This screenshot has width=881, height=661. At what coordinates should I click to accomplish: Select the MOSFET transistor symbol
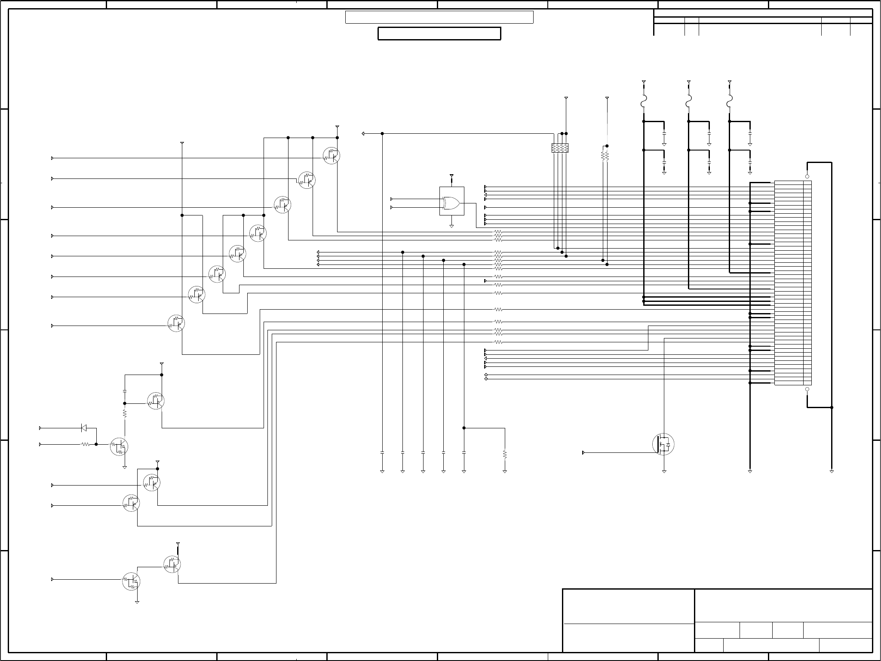pos(663,444)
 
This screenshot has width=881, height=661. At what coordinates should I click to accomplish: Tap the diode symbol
pos(84,428)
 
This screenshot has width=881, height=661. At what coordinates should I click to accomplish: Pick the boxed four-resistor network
pos(560,148)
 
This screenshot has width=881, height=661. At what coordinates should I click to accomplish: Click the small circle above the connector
pos(807,176)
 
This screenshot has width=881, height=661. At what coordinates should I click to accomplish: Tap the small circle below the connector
pos(807,389)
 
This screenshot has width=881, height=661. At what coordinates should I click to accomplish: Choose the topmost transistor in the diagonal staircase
pos(331,156)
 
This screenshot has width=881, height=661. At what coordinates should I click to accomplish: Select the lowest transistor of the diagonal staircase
pos(176,323)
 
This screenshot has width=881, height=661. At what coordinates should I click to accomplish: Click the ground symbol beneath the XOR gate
pos(451,226)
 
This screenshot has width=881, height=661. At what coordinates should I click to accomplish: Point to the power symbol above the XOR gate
pos(451,176)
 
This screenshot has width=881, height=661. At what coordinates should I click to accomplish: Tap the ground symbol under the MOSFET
pos(664,472)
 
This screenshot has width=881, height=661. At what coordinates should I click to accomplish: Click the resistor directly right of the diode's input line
pos(86,444)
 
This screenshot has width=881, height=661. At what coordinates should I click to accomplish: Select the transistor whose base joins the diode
pos(119,446)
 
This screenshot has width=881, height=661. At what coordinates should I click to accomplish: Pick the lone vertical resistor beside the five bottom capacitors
pos(505,454)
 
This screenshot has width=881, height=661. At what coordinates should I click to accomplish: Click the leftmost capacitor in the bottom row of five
pos(382,453)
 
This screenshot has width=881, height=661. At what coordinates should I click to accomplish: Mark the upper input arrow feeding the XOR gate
pos(392,199)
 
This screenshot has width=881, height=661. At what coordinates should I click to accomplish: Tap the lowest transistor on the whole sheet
pos(131,581)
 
